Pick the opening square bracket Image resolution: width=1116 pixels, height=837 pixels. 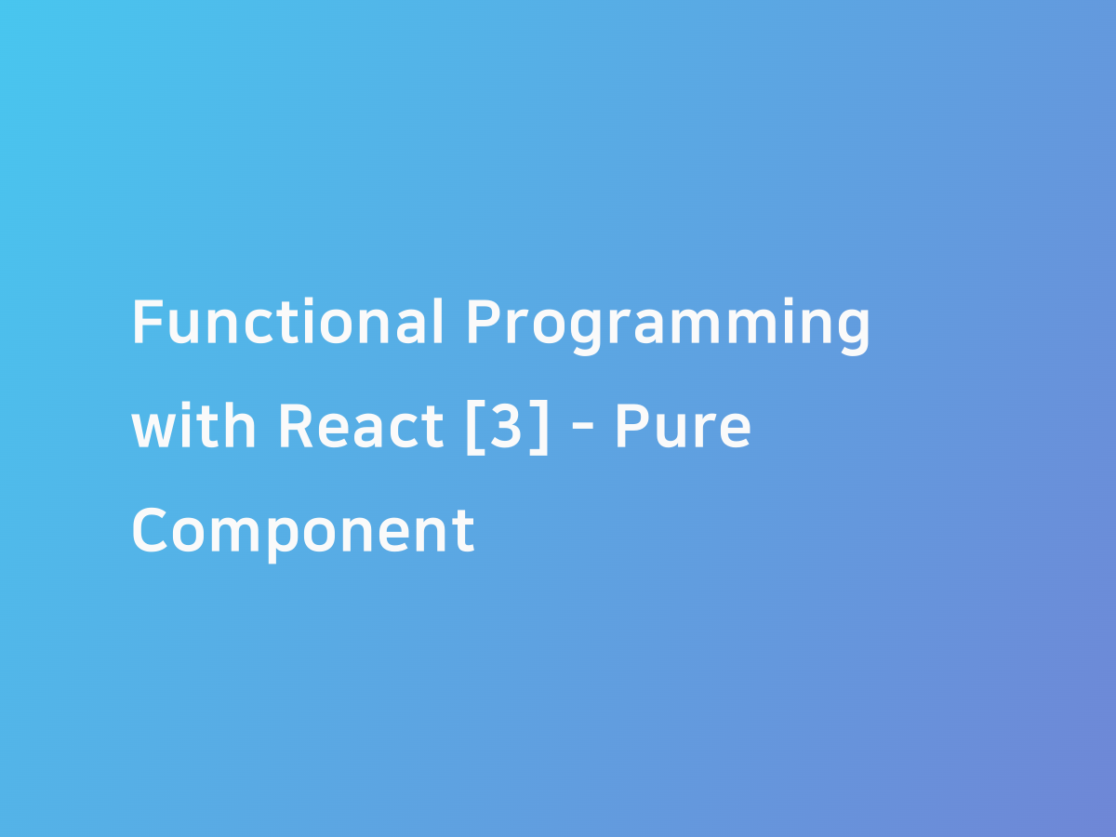(474, 428)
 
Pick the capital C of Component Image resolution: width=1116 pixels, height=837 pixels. (152, 530)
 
